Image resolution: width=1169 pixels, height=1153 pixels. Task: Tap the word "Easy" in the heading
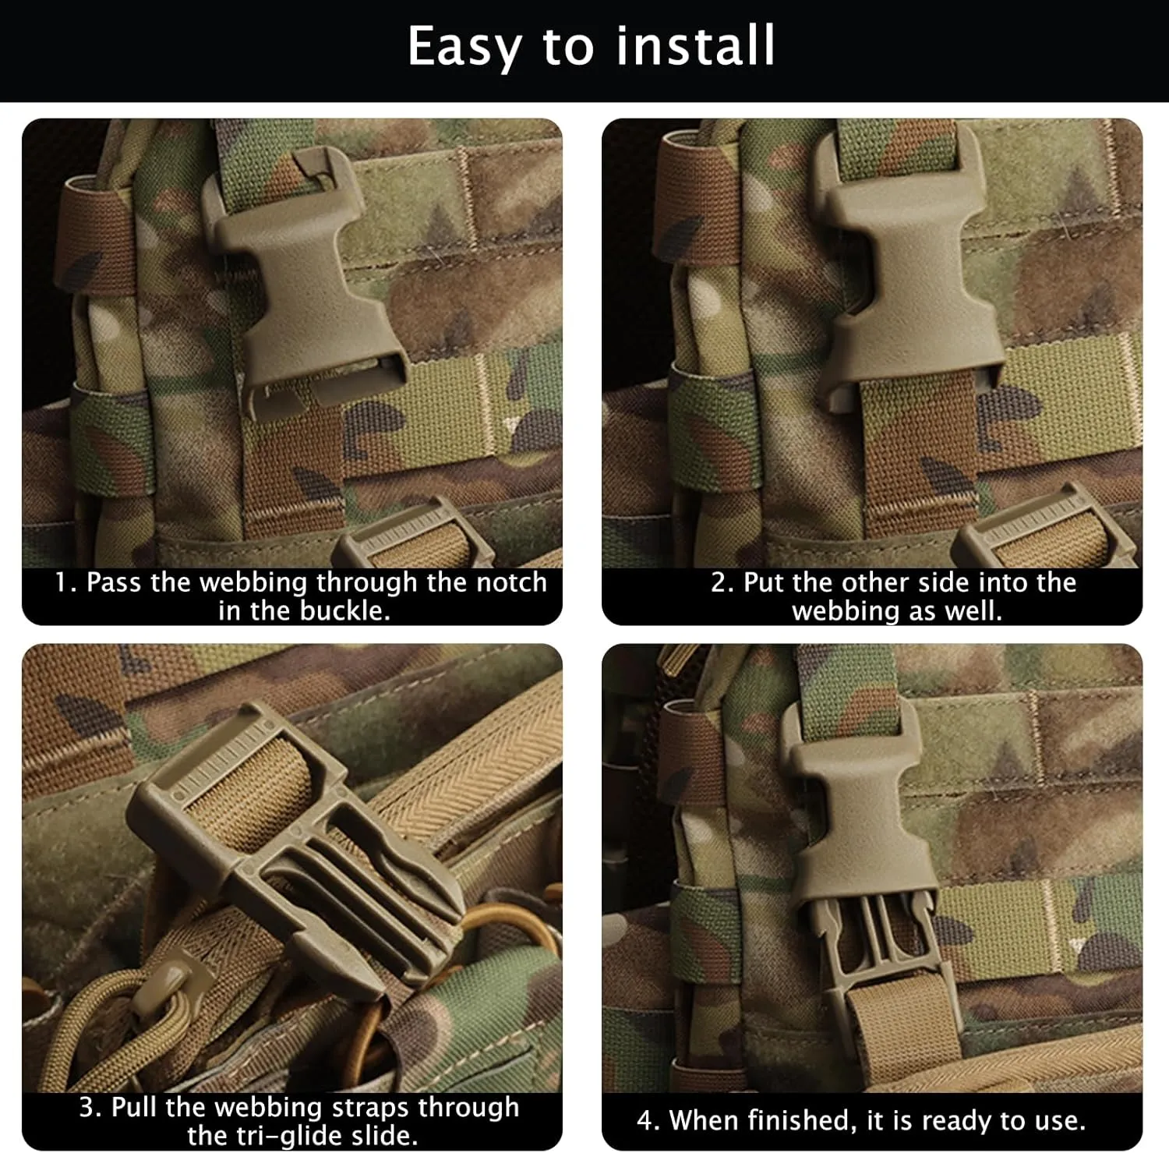tap(464, 48)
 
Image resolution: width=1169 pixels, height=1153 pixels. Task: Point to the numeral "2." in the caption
tap(722, 583)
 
